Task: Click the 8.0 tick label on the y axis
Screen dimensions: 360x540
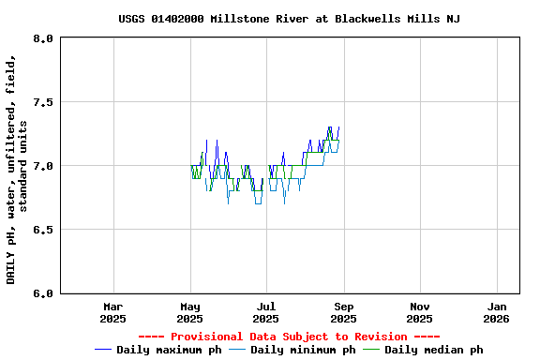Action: [43, 38]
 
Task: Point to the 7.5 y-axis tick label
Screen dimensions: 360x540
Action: [43, 102]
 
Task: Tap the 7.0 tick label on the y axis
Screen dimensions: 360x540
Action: [43, 166]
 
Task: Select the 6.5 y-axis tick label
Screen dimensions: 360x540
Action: [43, 230]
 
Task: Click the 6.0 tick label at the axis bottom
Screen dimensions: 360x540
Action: [43, 293]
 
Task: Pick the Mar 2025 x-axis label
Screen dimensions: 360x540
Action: [113, 312]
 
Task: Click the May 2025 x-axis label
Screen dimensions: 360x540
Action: [190, 312]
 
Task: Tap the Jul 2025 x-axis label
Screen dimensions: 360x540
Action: [266, 312]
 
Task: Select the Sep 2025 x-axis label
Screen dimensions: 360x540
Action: [343, 312]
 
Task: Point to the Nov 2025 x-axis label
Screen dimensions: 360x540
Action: [420, 312]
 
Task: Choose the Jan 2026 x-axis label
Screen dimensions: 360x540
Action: [497, 312]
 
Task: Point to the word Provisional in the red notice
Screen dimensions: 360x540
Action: [207, 337]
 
